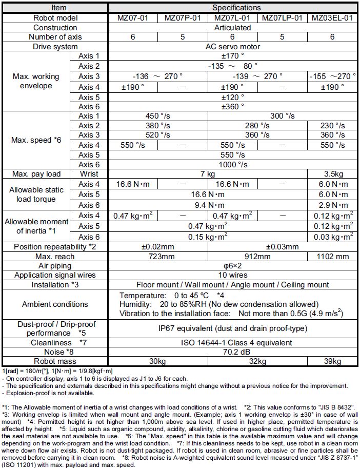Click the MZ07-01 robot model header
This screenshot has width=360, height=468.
click(x=133, y=18)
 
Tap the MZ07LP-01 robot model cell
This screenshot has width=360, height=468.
click(x=284, y=18)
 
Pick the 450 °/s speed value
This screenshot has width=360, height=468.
click(x=158, y=115)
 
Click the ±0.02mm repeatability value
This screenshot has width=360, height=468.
click(x=158, y=247)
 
